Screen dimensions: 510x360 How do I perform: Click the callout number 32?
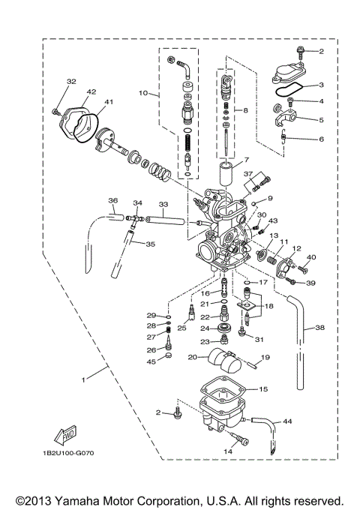(x=71, y=82)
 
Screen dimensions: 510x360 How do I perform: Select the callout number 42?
(x=91, y=91)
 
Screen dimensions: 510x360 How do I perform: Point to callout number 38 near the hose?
(x=319, y=328)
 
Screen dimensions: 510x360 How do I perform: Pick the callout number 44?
(x=287, y=423)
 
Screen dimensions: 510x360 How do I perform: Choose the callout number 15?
(x=262, y=390)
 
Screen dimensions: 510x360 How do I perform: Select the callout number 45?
(x=151, y=362)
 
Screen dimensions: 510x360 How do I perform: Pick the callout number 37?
(x=247, y=174)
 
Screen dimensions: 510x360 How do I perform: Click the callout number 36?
(x=112, y=200)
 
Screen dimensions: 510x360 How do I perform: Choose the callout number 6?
(x=321, y=139)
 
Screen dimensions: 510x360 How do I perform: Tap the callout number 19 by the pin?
(x=264, y=358)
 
